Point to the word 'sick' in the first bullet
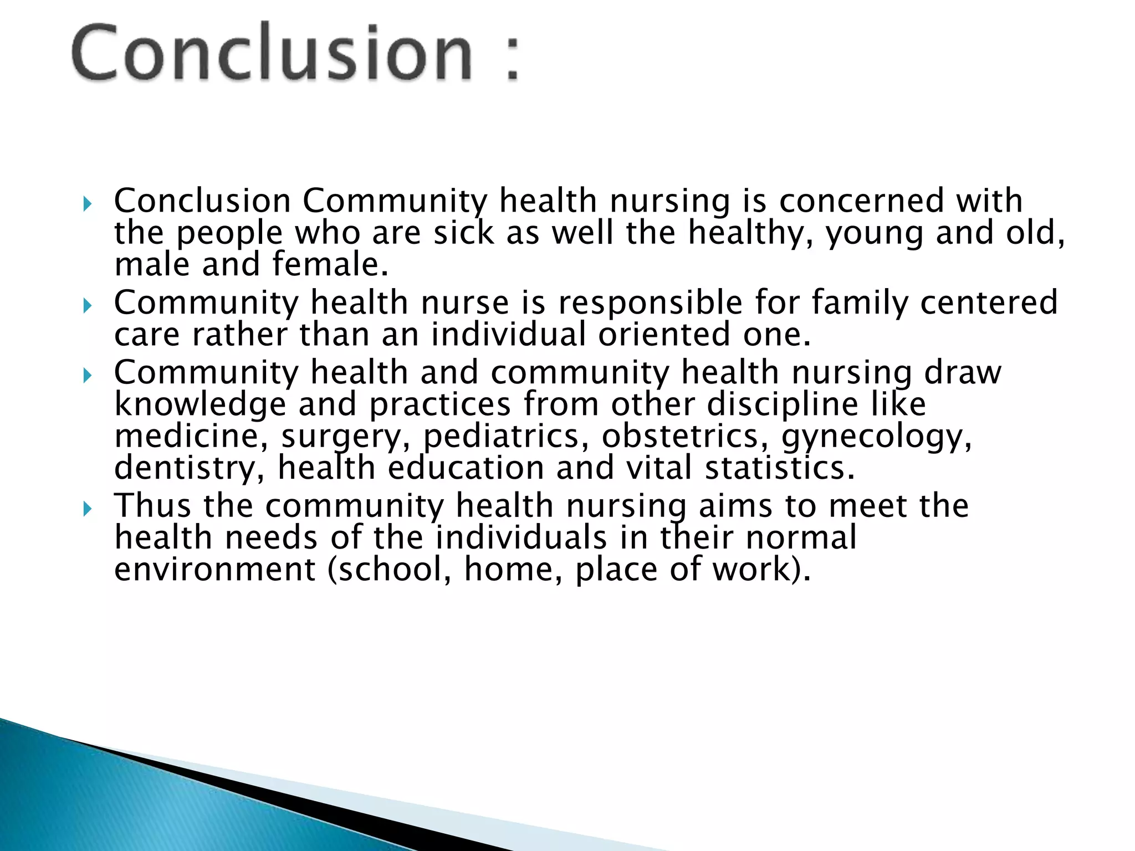(x=463, y=232)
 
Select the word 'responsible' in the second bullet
(x=650, y=303)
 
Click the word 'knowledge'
(x=200, y=404)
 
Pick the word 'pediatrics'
(x=501, y=436)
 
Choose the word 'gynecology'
(x=876, y=436)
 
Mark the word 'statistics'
(x=779, y=468)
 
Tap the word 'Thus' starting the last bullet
(x=152, y=506)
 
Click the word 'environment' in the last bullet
(x=214, y=570)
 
